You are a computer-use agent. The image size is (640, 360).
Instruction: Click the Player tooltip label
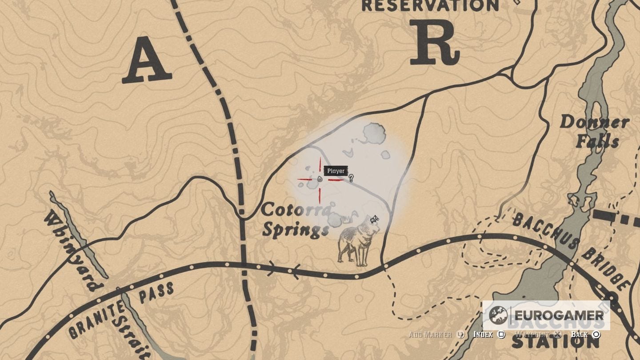(336, 171)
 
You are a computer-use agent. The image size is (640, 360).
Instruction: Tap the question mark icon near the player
(351, 178)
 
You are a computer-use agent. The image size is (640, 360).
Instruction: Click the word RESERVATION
(430, 6)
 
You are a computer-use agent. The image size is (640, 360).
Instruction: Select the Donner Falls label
(594, 131)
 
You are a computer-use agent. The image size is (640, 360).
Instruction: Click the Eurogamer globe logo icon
(498, 316)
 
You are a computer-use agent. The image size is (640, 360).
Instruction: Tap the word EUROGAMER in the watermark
(559, 316)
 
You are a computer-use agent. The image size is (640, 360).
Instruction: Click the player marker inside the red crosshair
(320, 179)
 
